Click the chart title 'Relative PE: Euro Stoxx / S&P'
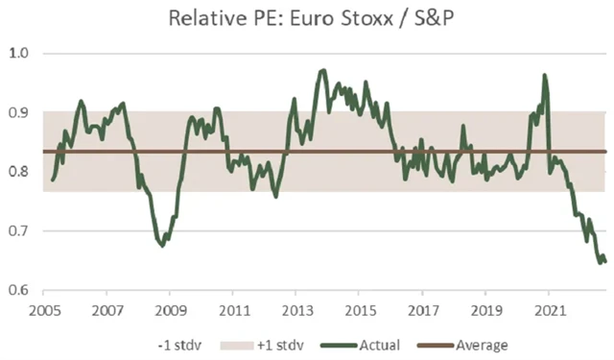[x=306, y=18]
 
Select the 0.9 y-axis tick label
[x=20, y=112]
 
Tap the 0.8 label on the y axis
[x=20, y=172]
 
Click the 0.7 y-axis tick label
[x=20, y=231]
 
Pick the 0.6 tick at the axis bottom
[x=20, y=291]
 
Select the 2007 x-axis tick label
[x=106, y=312]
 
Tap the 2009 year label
[x=170, y=312]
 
